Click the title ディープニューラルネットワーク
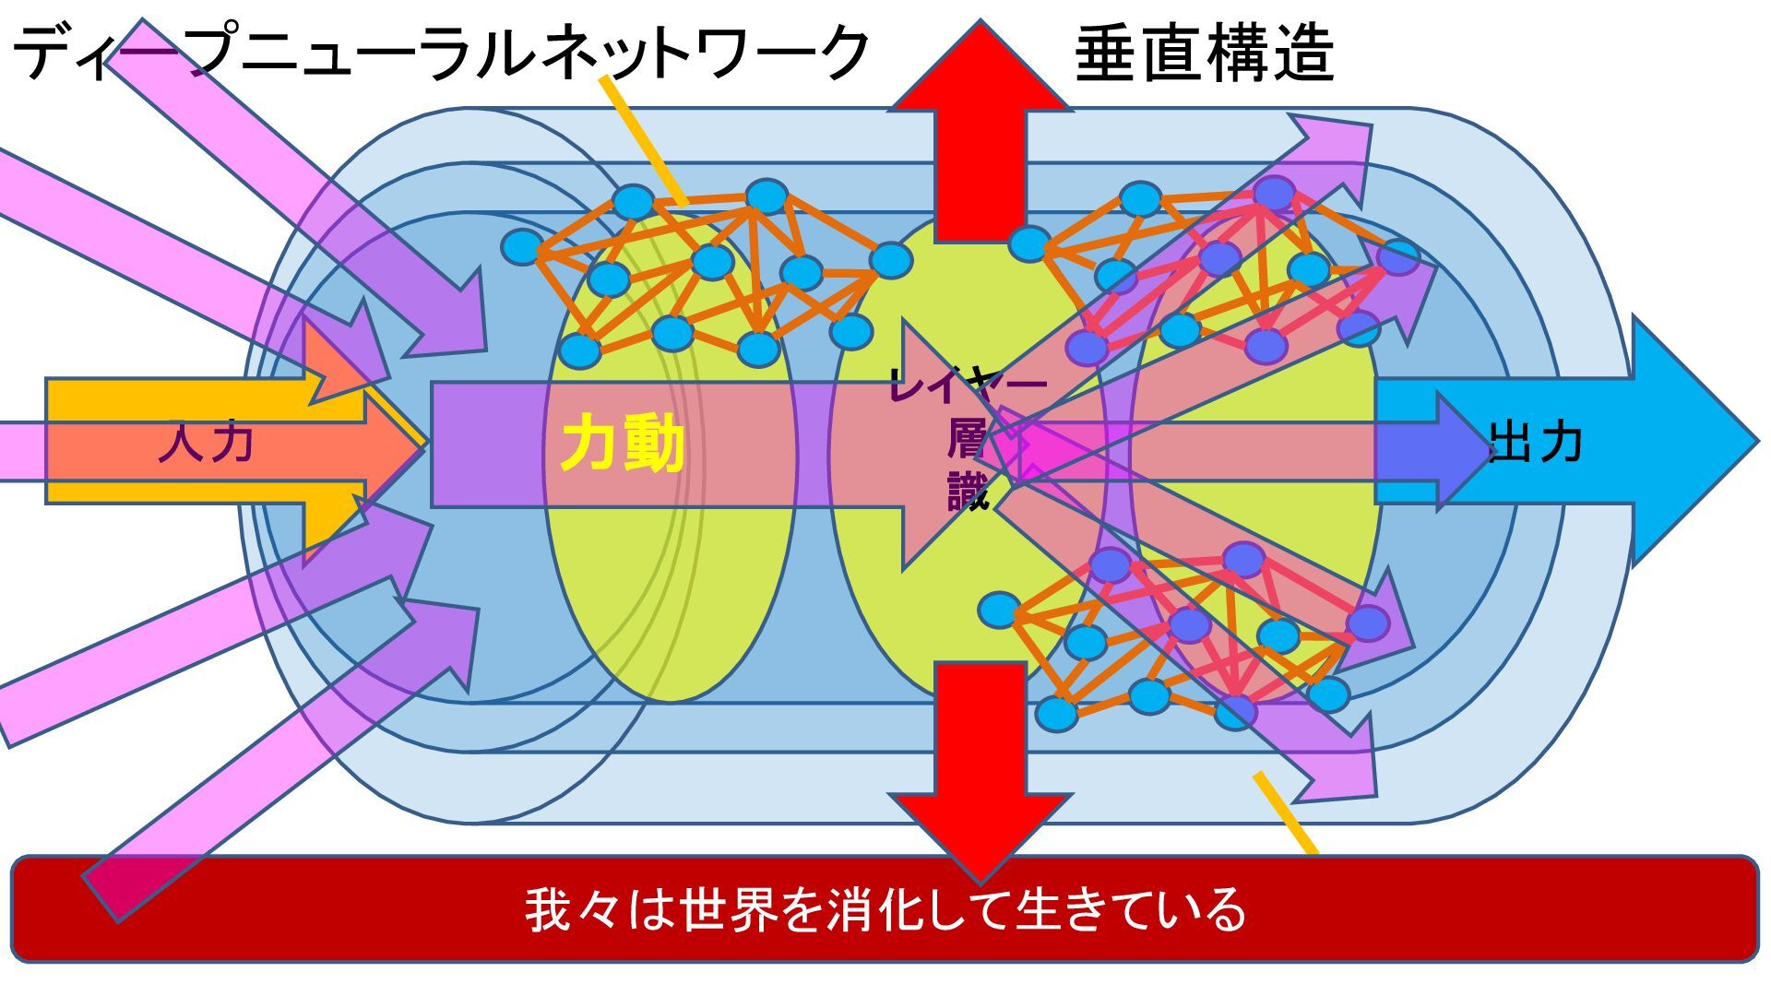click(441, 53)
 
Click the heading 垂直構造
click(1204, 53)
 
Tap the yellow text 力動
click(623, 445)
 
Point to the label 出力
click(1536, 444)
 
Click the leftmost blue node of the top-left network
click(522, 247)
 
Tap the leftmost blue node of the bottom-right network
click(999, 610)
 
